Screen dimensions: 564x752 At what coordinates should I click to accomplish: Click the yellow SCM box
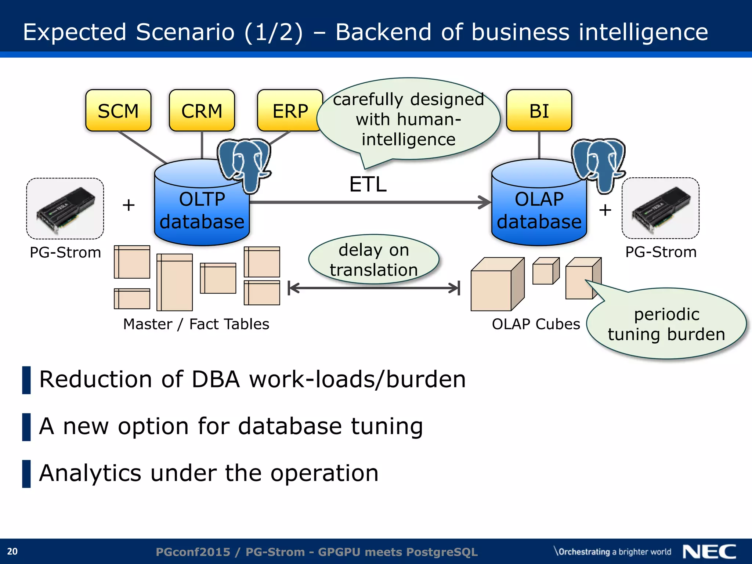(x=118, y=111)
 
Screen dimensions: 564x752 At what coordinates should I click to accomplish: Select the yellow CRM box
(x=202, y=111)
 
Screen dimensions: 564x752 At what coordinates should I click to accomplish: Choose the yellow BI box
(x=539, y=111)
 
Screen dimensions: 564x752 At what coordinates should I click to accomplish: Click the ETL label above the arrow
(x=368, y=184)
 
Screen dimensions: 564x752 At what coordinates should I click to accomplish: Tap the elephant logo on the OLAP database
(x=598, y=163)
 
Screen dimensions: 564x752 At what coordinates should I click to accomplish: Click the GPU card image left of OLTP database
(x=65, y=209)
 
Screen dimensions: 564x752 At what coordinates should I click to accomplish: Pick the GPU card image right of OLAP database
(x=660, y=209)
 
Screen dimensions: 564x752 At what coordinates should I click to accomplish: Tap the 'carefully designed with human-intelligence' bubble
(x=408, y=119)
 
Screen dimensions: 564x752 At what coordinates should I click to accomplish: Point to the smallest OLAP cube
(x=545, y=272)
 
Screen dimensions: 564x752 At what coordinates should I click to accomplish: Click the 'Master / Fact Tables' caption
(x=196, y=324)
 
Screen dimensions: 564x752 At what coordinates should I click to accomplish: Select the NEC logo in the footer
(x=709, y=552)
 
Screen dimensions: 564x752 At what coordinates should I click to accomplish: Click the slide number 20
(x=12, y=552)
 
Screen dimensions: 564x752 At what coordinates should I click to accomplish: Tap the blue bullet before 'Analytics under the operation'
(x=26, y=474)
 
